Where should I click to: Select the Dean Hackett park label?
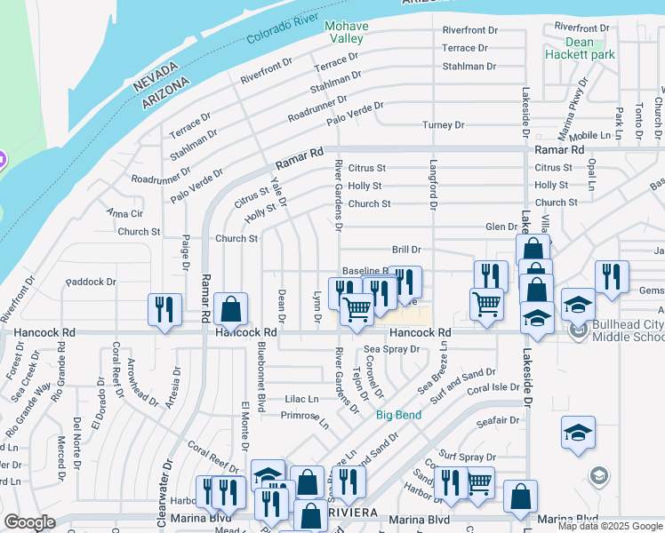[589, 48]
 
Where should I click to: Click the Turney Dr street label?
[444, 125]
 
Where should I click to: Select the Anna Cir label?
[124, 213]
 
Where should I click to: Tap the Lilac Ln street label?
[301, 399]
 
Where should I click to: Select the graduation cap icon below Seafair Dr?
[578, 433]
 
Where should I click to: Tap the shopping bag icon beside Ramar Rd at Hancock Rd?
[230, 309]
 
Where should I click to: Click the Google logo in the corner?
[29, 522]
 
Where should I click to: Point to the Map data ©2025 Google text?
[610, 526]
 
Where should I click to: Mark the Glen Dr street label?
[501, 227]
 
